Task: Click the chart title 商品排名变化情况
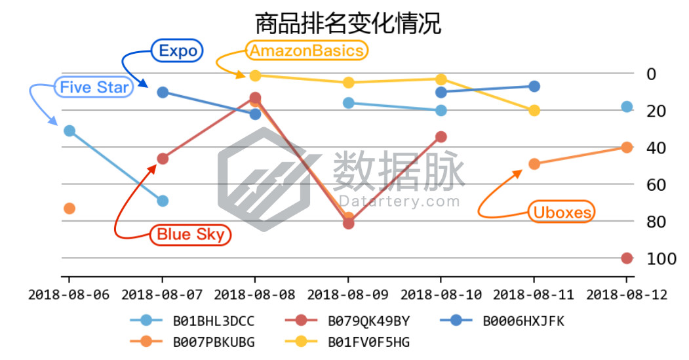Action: [x=347, y=24]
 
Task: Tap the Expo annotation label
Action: [x=178, y=51]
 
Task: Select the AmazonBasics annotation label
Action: [x=307, y=50]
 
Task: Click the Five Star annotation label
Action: [x=94, y=87]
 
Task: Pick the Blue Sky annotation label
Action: [x=191, y=234]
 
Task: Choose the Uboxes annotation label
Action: [x=562, y=212]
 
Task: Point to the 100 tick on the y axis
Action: [x=661, y=259]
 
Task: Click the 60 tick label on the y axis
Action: [x=657, y=185]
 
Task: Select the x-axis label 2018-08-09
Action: [x=347, y=294]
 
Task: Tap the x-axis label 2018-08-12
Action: [x=626, y=294]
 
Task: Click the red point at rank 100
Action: [x=627, y=258]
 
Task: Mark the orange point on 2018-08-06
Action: [x=69, y=209]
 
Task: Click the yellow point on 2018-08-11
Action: [x=534, y=110]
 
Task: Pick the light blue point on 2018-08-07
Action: [x=163, y=201]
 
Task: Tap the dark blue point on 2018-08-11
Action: [x=534, y=87]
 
